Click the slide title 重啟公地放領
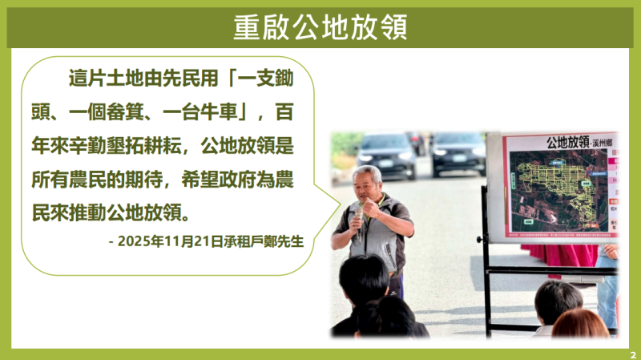[320, 27]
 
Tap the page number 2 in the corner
[632, 353]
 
